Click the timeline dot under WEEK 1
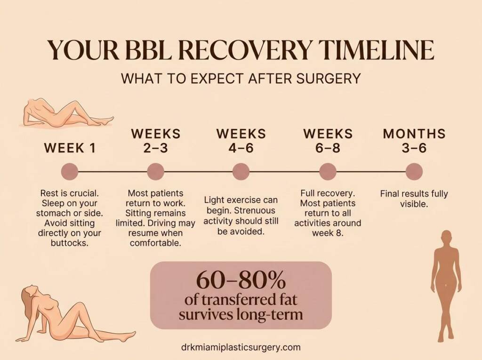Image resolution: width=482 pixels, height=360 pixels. coord(70,171)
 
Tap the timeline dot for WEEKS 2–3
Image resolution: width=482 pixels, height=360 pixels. coord(155,171)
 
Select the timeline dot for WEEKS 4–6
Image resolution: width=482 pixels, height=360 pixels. coord(241,171)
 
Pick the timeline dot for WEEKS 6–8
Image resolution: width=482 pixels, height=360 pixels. coord(328,171)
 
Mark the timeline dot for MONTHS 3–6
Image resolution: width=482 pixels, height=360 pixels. coord(414,171)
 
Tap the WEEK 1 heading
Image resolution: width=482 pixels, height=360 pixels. coord(70,148)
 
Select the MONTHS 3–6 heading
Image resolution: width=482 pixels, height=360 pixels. coord(414,140)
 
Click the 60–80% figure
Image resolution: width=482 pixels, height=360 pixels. coord(241,281)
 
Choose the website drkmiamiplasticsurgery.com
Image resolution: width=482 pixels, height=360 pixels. coord(241,347)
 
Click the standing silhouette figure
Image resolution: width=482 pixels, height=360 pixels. coord(445,282)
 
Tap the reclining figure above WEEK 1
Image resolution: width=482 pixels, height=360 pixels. coord(66,113)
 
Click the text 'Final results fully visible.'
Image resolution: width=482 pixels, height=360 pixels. coord(414,199)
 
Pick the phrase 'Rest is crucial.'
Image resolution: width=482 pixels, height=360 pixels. coord(69,193)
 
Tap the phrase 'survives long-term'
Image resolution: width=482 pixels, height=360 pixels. coord(241,314)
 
